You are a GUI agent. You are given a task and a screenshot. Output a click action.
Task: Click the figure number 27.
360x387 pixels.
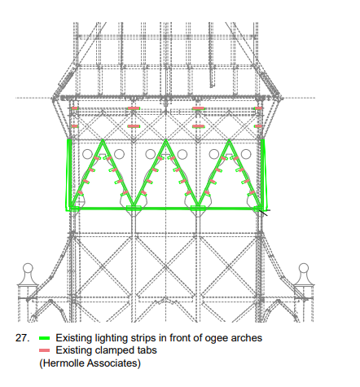click(22, 338)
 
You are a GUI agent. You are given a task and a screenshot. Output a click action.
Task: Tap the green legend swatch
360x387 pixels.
click(45, 338)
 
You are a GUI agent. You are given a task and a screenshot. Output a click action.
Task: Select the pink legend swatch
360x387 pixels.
click(45, 350)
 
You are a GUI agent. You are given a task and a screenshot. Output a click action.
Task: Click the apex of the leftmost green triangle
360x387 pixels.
click(103, 140)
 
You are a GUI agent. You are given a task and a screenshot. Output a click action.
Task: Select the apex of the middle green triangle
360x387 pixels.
click(166, 140)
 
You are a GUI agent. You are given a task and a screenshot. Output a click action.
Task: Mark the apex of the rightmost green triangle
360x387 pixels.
click(229, 140)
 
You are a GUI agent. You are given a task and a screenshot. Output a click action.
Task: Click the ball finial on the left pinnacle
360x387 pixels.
click(28, 268)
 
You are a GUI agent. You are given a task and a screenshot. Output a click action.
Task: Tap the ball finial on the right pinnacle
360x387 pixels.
click(304, 268)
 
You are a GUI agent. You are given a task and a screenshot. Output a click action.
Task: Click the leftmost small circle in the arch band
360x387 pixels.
click(87, 154)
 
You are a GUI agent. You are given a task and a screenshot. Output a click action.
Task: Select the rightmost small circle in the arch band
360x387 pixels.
click(246, 154)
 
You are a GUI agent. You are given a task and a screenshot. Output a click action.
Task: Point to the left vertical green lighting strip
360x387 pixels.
click(69, 174)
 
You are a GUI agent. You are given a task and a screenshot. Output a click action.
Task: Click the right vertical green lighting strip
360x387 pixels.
click(263, 174)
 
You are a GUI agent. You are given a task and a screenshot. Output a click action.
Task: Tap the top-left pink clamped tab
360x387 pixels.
click(74, 108)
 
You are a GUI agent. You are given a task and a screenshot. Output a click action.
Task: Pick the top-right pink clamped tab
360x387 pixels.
click(258, 108)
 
